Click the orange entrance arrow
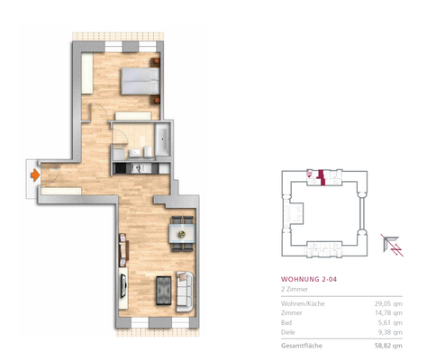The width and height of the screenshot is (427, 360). click(x=32, y=174)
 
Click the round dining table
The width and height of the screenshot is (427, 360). click(x=180, y=234)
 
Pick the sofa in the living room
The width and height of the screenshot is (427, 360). click(x=186, y=290)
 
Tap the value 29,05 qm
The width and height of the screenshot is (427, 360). click(x=387, y=303)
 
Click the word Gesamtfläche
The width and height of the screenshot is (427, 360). click(x=302, y=346)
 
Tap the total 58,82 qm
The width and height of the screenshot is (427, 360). click(x=387, y=346)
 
